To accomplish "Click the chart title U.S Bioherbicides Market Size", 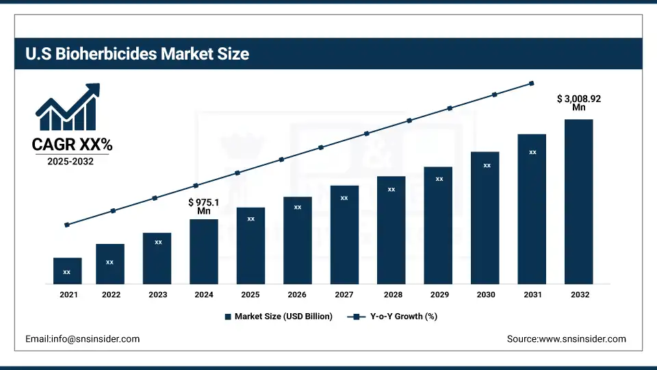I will coord(138,54).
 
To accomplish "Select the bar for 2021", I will coord(67,271).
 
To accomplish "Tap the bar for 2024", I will coord(203,251).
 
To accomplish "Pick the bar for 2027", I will coord(344,234).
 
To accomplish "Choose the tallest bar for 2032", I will coord(578,201).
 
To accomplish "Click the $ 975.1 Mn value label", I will coord(204,207).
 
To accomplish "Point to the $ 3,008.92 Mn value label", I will coord(579,103).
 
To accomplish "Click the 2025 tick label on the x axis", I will coord(250,294).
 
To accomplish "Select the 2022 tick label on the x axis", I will coord(111,294).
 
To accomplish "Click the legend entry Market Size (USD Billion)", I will coord(283,317).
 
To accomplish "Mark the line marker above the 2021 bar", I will coord(67,225).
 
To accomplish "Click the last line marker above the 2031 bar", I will coord(532,84).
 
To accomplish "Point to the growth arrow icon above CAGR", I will coord(68,108).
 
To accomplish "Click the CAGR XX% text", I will coord(72,145).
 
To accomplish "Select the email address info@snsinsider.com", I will coord(82,339).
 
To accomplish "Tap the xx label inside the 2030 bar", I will coord(487,165).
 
